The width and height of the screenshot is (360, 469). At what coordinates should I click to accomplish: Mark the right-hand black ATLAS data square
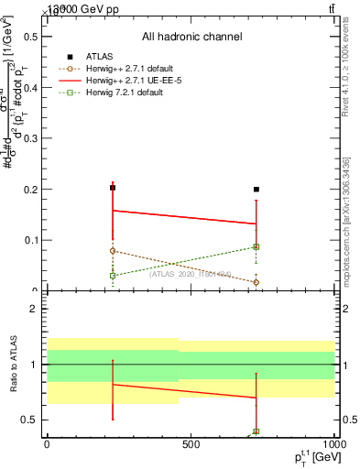pos(256,190)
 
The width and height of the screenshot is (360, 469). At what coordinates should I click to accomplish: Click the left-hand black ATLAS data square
pos(113,188)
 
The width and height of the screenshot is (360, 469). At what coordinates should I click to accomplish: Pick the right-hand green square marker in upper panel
pos(256,246)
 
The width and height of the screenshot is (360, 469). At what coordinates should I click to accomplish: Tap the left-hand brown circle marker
pos(113,250)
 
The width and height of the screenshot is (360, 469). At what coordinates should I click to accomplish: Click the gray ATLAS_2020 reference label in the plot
pos(191,273)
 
